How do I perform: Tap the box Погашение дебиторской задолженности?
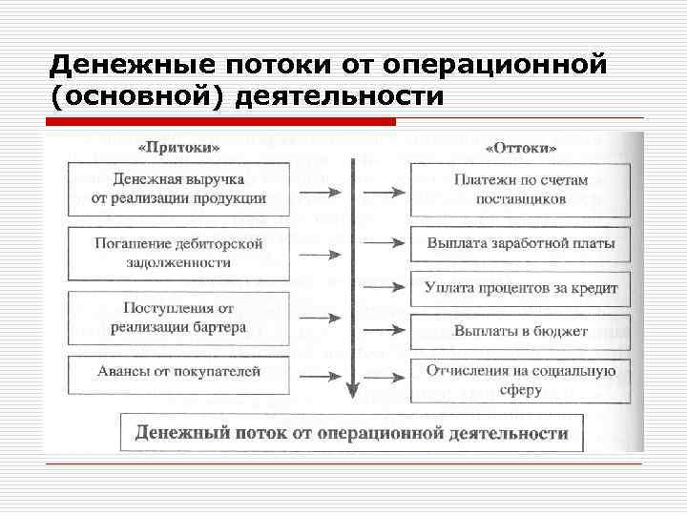[178, 253]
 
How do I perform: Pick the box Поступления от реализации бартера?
[178, 318]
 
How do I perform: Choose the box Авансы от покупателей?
[178, 372]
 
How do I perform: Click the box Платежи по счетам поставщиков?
[521, 190]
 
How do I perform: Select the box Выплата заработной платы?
[521, 243]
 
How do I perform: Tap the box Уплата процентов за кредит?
[521, 288]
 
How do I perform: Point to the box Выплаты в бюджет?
[521, 332]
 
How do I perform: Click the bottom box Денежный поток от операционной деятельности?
[351, 433]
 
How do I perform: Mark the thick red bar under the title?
[219, 122]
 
